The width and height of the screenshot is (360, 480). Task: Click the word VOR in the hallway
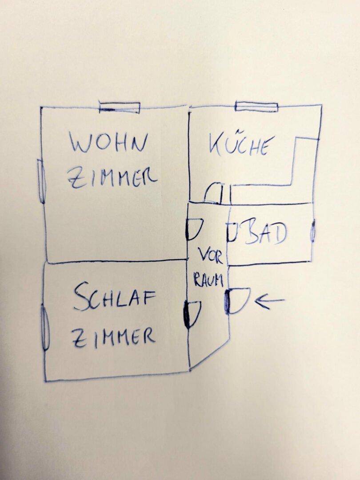click(210, 256)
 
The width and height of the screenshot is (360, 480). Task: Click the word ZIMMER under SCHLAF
click(114, 336)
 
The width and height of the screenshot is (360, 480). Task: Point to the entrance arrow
click(269, 300)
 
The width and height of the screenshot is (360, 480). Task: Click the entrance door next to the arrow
click(237, 300)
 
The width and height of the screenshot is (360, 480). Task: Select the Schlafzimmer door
click(192, 314)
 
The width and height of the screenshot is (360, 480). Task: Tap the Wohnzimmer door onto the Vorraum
click(193, 228)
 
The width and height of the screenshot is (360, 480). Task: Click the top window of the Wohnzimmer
click(120, 108)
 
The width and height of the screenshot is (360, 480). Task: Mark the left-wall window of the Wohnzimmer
click(42, 181)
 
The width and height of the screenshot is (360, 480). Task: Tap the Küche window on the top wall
click(256, 107)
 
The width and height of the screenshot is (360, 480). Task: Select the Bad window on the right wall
click(312, 231)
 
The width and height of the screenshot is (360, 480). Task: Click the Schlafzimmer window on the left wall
click(45, 327)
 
